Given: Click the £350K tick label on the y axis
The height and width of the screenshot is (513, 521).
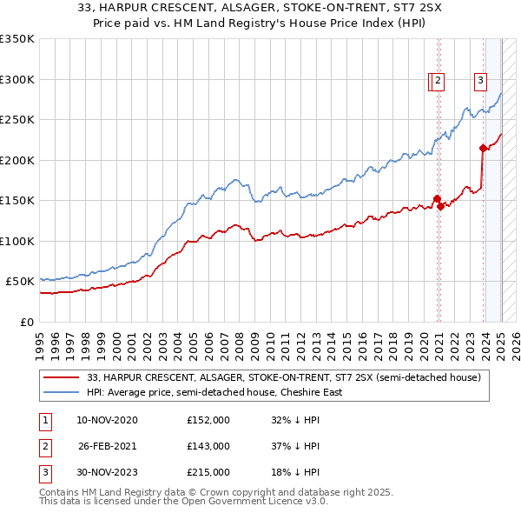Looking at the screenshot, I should pos(17,39).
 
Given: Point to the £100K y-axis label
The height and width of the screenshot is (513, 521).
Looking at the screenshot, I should pos(17,241).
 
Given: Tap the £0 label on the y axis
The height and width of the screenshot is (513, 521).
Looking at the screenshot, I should pos(26,322).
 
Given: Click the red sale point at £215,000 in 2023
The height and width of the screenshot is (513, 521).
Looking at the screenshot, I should pos(484,148).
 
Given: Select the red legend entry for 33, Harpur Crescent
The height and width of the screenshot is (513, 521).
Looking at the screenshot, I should pos(290,376).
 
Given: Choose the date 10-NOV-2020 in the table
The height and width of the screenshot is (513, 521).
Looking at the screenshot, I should pos(107,420).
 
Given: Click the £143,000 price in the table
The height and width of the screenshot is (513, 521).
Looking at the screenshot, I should pos(208,446).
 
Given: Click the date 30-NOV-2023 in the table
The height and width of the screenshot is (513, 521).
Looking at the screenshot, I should pos(107,472).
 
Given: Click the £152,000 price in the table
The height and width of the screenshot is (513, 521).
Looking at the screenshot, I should pos(208,420).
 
